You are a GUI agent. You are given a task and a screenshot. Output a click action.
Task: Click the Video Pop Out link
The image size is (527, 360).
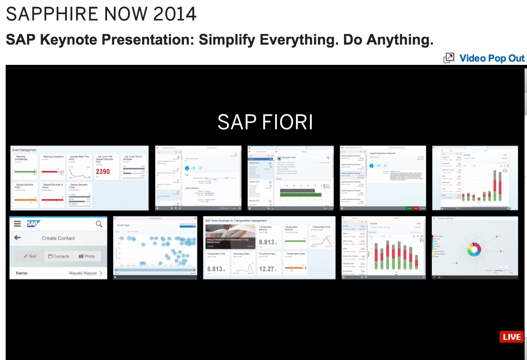[x=492, y=58]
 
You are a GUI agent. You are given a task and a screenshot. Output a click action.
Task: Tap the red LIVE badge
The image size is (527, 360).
[x=511, y=337]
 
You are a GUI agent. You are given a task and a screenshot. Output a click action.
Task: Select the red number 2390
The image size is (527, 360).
[x=103, y=171]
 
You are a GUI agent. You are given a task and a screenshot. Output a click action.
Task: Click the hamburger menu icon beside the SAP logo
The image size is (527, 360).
[x=17, y=224]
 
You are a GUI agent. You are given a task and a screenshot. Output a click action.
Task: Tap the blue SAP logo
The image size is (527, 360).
[x=32, y=224]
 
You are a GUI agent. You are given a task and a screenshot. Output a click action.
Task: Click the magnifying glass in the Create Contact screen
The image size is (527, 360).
[x=99, y=224]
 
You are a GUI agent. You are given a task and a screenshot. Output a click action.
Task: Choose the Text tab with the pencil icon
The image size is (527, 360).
[x=30, y=256]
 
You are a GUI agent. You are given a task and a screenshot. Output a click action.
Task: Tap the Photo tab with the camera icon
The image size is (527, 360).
[x=87, y=256]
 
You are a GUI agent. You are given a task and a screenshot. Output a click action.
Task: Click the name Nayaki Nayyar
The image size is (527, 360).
[x=83, y=273]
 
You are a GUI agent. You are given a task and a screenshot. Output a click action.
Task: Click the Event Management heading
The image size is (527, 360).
[x=24, y=150]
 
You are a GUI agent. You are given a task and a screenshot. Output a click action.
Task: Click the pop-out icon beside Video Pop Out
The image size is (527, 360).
[x=449, y=58]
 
